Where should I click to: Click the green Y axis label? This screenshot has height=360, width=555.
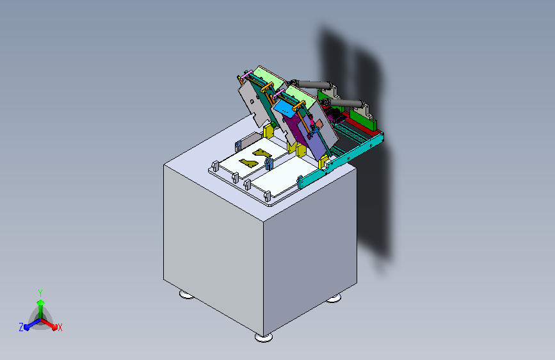[x=40, y=293]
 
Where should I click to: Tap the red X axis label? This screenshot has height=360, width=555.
[x=60, y=327]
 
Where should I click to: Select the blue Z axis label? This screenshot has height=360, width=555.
[x=21, y=327]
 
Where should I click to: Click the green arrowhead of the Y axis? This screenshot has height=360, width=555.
[x=41, y=302]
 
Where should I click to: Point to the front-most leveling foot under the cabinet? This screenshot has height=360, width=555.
[x=264, y=338]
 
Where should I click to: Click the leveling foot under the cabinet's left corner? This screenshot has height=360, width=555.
[x=186, y=295]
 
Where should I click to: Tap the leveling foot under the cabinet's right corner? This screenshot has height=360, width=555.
[x=334, y=299]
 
